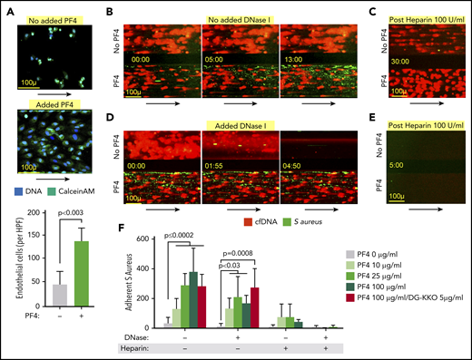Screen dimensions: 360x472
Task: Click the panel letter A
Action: [x=6, y=8]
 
